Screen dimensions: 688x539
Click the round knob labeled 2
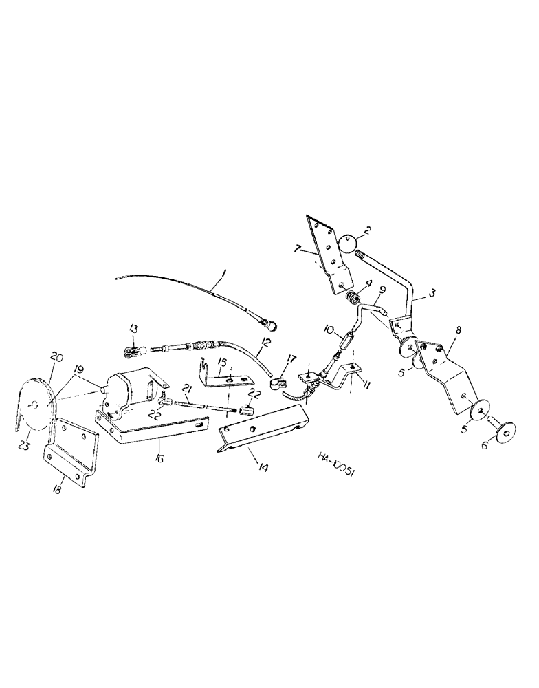click(349, 244)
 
